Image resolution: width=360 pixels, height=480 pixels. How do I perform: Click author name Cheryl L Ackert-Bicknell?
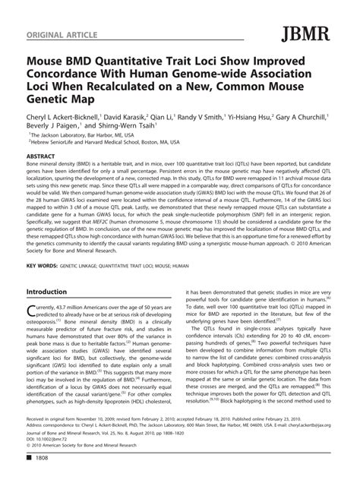click(x=66, y=118)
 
